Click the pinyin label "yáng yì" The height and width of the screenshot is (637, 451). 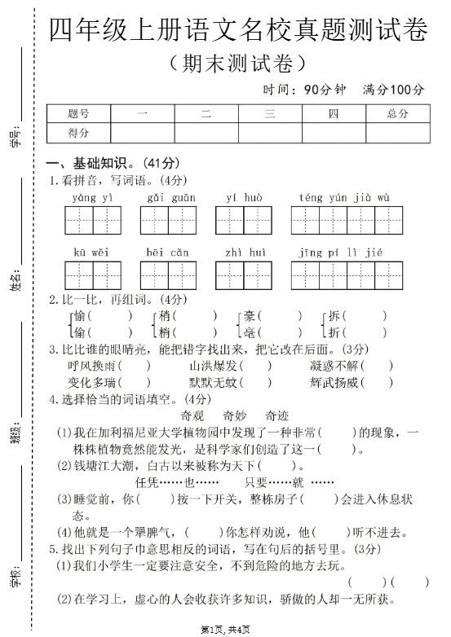(x=93, y=197)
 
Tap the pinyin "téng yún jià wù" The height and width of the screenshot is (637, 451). (x=344, y=197)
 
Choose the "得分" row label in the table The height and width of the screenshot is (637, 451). (x=79, y=133)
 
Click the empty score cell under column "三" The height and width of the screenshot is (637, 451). (x=270, y=133)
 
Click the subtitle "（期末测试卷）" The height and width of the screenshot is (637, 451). (x=237, y=62)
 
